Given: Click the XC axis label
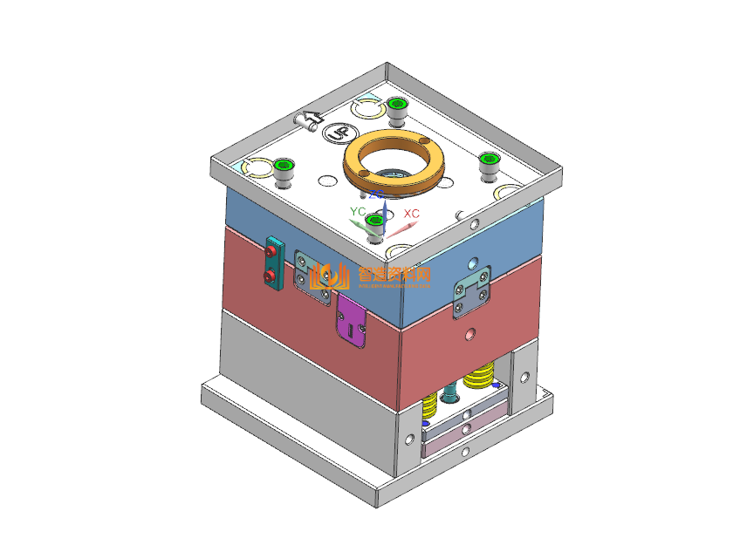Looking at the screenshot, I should coord(411,214).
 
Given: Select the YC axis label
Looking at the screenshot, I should coord(357,212).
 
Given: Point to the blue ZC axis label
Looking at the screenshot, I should coord(376,194).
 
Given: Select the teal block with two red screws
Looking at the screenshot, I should coord(274,263).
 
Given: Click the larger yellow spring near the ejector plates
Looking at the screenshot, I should coord(478,378).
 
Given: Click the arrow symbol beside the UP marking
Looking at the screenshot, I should coord(308,119).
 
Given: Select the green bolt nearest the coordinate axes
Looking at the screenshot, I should coord(375,224).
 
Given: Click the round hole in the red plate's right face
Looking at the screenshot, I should coord(472,334).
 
